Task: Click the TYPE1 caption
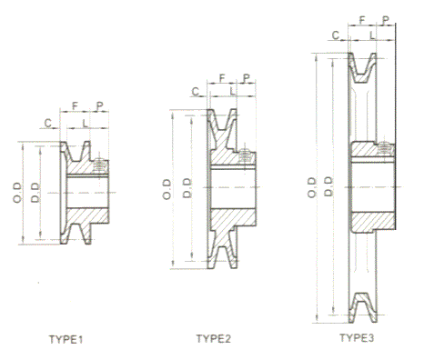pos(66,339)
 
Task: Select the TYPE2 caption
pos(214,338)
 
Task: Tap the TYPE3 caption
pos(357,337)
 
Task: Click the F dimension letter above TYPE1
pos(75,106)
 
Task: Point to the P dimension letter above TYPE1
pos(99,106)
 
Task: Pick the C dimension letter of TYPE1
pos(48,124)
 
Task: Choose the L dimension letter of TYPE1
pos(85,124)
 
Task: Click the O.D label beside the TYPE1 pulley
pos(17,193)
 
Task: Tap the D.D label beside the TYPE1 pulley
pos(35,193)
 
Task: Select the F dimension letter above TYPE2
pos(222,78)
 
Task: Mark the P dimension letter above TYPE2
pos(247,78)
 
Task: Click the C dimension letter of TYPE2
pos(196,91)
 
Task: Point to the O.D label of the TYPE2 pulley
pos(167,189)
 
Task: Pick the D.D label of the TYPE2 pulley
pos(187,188)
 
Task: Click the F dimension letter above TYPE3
pos(362,20)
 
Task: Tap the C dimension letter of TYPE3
pos(336,35)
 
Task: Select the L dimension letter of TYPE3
pos(372,35)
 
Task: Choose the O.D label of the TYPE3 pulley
pos(312,188)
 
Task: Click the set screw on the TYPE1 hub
pos(100,166)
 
